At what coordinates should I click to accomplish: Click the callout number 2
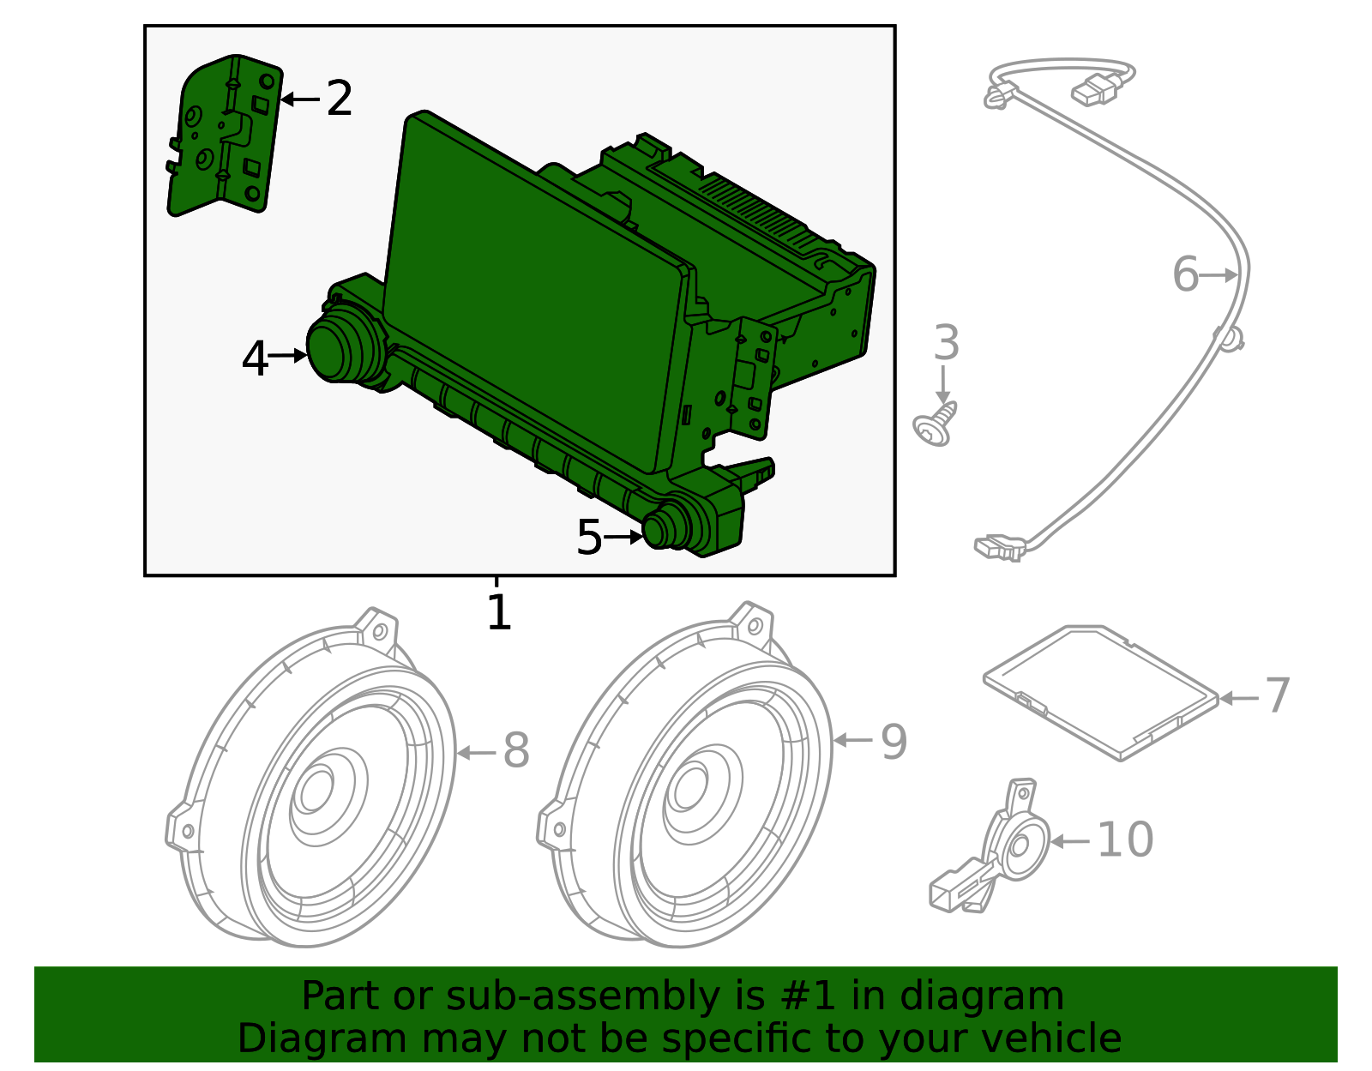click(340, 99)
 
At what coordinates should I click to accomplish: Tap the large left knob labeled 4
click(337, 349)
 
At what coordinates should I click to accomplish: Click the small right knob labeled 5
click(663, 527)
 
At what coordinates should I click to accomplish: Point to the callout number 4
click(255, 358)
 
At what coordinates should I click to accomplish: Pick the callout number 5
click(589, 538)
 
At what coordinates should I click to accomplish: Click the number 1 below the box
click(498, 612)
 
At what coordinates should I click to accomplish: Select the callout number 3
click(946, 343)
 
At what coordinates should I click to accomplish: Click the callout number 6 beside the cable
click(1185, 274)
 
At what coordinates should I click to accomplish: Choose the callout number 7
click(1277, 695)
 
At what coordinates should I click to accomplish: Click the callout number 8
click(516, 750)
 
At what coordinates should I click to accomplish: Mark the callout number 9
click(894, 742)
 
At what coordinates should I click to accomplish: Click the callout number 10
click(1125, 839)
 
